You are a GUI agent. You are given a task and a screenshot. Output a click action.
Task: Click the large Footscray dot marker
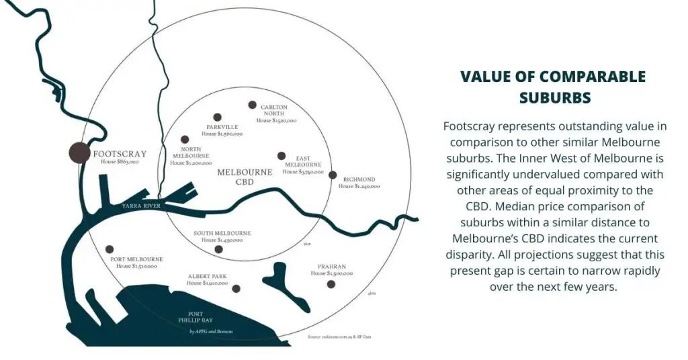[x=80, y=152]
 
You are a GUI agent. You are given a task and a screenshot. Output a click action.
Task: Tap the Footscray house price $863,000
[x=120, y=163]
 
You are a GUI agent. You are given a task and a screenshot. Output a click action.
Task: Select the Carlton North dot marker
[x=253, y=105]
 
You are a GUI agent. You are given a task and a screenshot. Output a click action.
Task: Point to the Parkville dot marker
[x=217, y=117]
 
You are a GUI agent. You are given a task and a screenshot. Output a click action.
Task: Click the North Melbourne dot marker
[x=185, y=139]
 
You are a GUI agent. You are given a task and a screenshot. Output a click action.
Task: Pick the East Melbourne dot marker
[x=282, y=156]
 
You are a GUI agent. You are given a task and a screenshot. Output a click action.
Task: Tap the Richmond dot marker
[x=333, y=175]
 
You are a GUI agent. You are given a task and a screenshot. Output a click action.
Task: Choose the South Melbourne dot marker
[x=218, y=249]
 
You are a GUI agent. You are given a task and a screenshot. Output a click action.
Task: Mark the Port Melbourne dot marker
[x=110, y=249]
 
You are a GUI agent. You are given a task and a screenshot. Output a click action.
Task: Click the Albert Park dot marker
[x=236, y=289]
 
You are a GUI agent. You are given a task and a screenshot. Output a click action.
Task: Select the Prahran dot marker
[x=331, y=284]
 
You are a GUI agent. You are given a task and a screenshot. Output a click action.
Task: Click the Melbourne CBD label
[x=245, y=177]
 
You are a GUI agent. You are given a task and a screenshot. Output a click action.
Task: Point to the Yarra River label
[x=141, y=206]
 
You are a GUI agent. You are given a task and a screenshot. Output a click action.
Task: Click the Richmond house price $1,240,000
[x=359, y=187]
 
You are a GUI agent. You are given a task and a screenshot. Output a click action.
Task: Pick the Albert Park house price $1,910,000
[x=208, y=283]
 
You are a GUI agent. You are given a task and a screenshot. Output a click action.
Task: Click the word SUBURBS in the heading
[x=554, y=97]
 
